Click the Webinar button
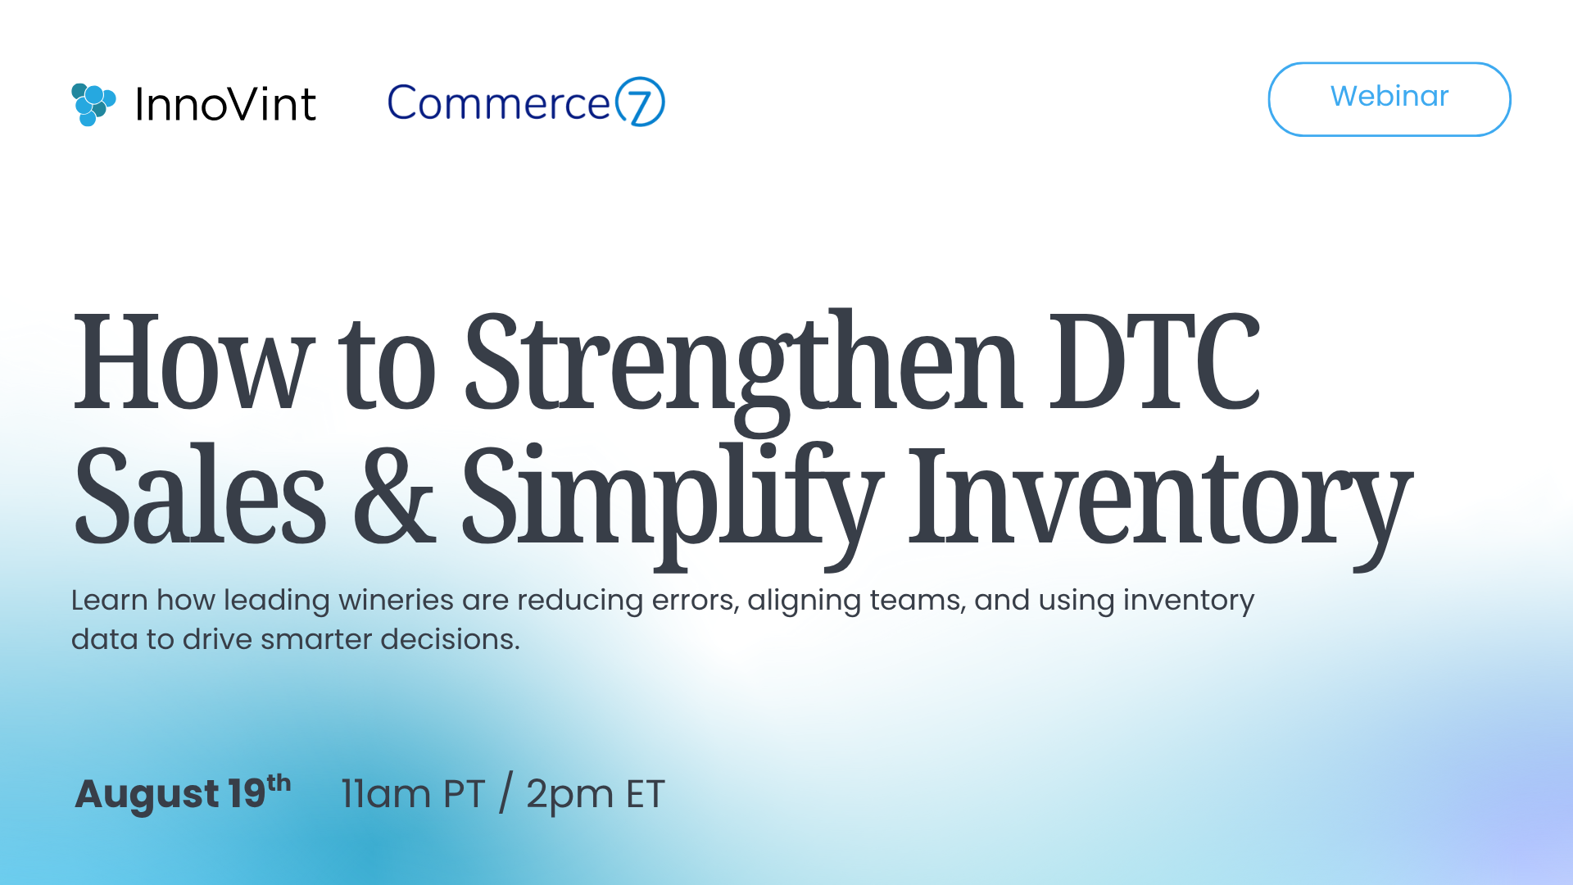tap(1389, 99)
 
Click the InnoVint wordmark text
tap(225, 105)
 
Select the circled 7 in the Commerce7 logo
tap(639, 102)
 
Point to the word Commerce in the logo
tap(499, 103)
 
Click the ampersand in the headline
tap(394, 495)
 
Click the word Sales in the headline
tap(201, 495)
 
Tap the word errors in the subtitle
tap(696, 601)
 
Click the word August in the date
tap(147, 795)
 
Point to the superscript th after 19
tap(279, 783)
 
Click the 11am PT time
tap(413, 794)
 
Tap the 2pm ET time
tap(596, 795)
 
